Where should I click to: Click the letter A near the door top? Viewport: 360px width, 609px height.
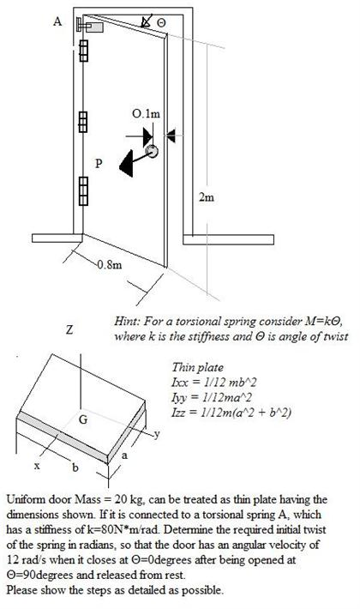[x=57, y=22]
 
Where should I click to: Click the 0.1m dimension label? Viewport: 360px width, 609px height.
[x=147, y=113]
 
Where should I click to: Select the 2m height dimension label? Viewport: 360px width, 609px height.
[x=206, y=198]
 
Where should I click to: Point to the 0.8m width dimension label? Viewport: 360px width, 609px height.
[x=109, y=265]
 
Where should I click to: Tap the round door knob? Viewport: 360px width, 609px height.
[x=152, y=153]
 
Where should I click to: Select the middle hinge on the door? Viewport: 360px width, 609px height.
[x=84, y=121]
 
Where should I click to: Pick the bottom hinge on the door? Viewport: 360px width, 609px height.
[x=84, y=186]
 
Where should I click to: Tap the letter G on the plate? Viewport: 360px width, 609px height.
[x=82, y=419]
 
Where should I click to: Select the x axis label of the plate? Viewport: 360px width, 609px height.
[x=37, y=467]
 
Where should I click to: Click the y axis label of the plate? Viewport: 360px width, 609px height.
[x=158, y=434]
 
